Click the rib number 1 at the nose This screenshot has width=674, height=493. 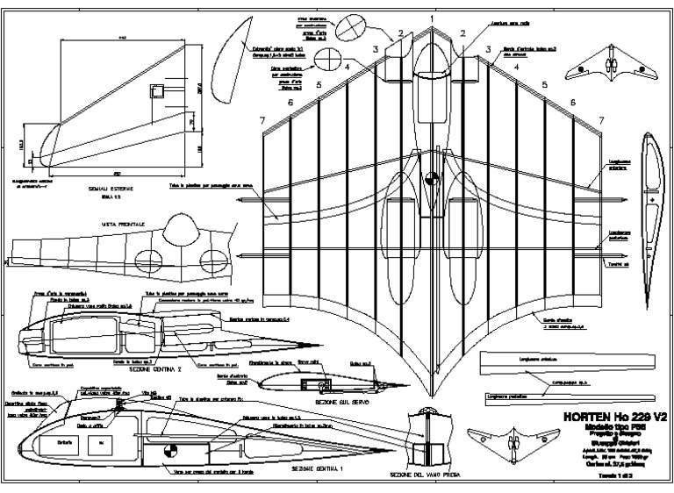coord(432,18)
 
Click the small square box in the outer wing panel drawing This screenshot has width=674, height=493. coord(159,90)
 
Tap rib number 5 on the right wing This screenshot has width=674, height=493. coord(544,84)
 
